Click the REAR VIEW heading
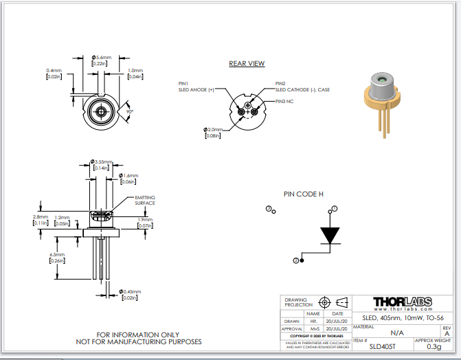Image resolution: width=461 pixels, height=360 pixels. pyautogui.click(x=247, y=64)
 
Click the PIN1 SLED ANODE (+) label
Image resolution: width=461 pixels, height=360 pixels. pyautogui.click(x=196, y=86)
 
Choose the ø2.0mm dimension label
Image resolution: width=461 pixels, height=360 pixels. pyautogui.click(x=214, y=129)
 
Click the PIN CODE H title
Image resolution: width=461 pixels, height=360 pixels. pyautogui.click(x=304, y=194)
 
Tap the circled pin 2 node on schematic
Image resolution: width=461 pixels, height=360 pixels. pyautogui.click(x=296, y=260)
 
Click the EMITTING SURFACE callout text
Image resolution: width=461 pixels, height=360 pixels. pyautogui.click(x=145, y=200)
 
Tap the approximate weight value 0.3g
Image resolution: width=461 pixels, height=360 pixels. pyautogui.click(x=434, y=346)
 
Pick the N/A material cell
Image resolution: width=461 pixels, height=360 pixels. pyautogui.click(x=387, y=332)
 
